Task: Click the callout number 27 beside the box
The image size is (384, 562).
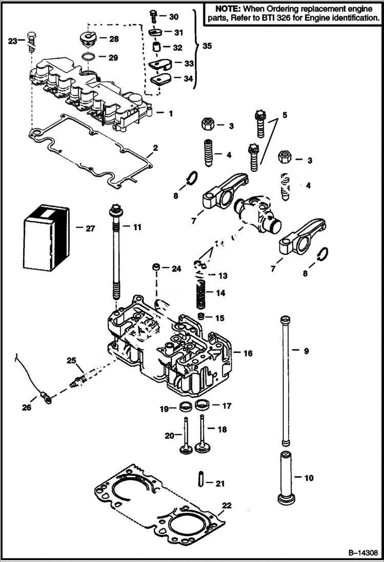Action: (90, 228)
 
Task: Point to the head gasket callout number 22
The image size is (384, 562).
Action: (227, 505)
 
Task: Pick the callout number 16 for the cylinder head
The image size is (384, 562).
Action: (248, 353)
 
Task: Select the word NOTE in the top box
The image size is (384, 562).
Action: (225, 9)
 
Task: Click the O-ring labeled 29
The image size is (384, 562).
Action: (89, 56)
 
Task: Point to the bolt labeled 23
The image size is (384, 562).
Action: (30, 41)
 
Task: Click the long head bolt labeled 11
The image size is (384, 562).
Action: (115, 256)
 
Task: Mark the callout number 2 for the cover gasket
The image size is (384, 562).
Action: (155, 148)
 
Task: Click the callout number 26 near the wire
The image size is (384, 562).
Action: (26, 407)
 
